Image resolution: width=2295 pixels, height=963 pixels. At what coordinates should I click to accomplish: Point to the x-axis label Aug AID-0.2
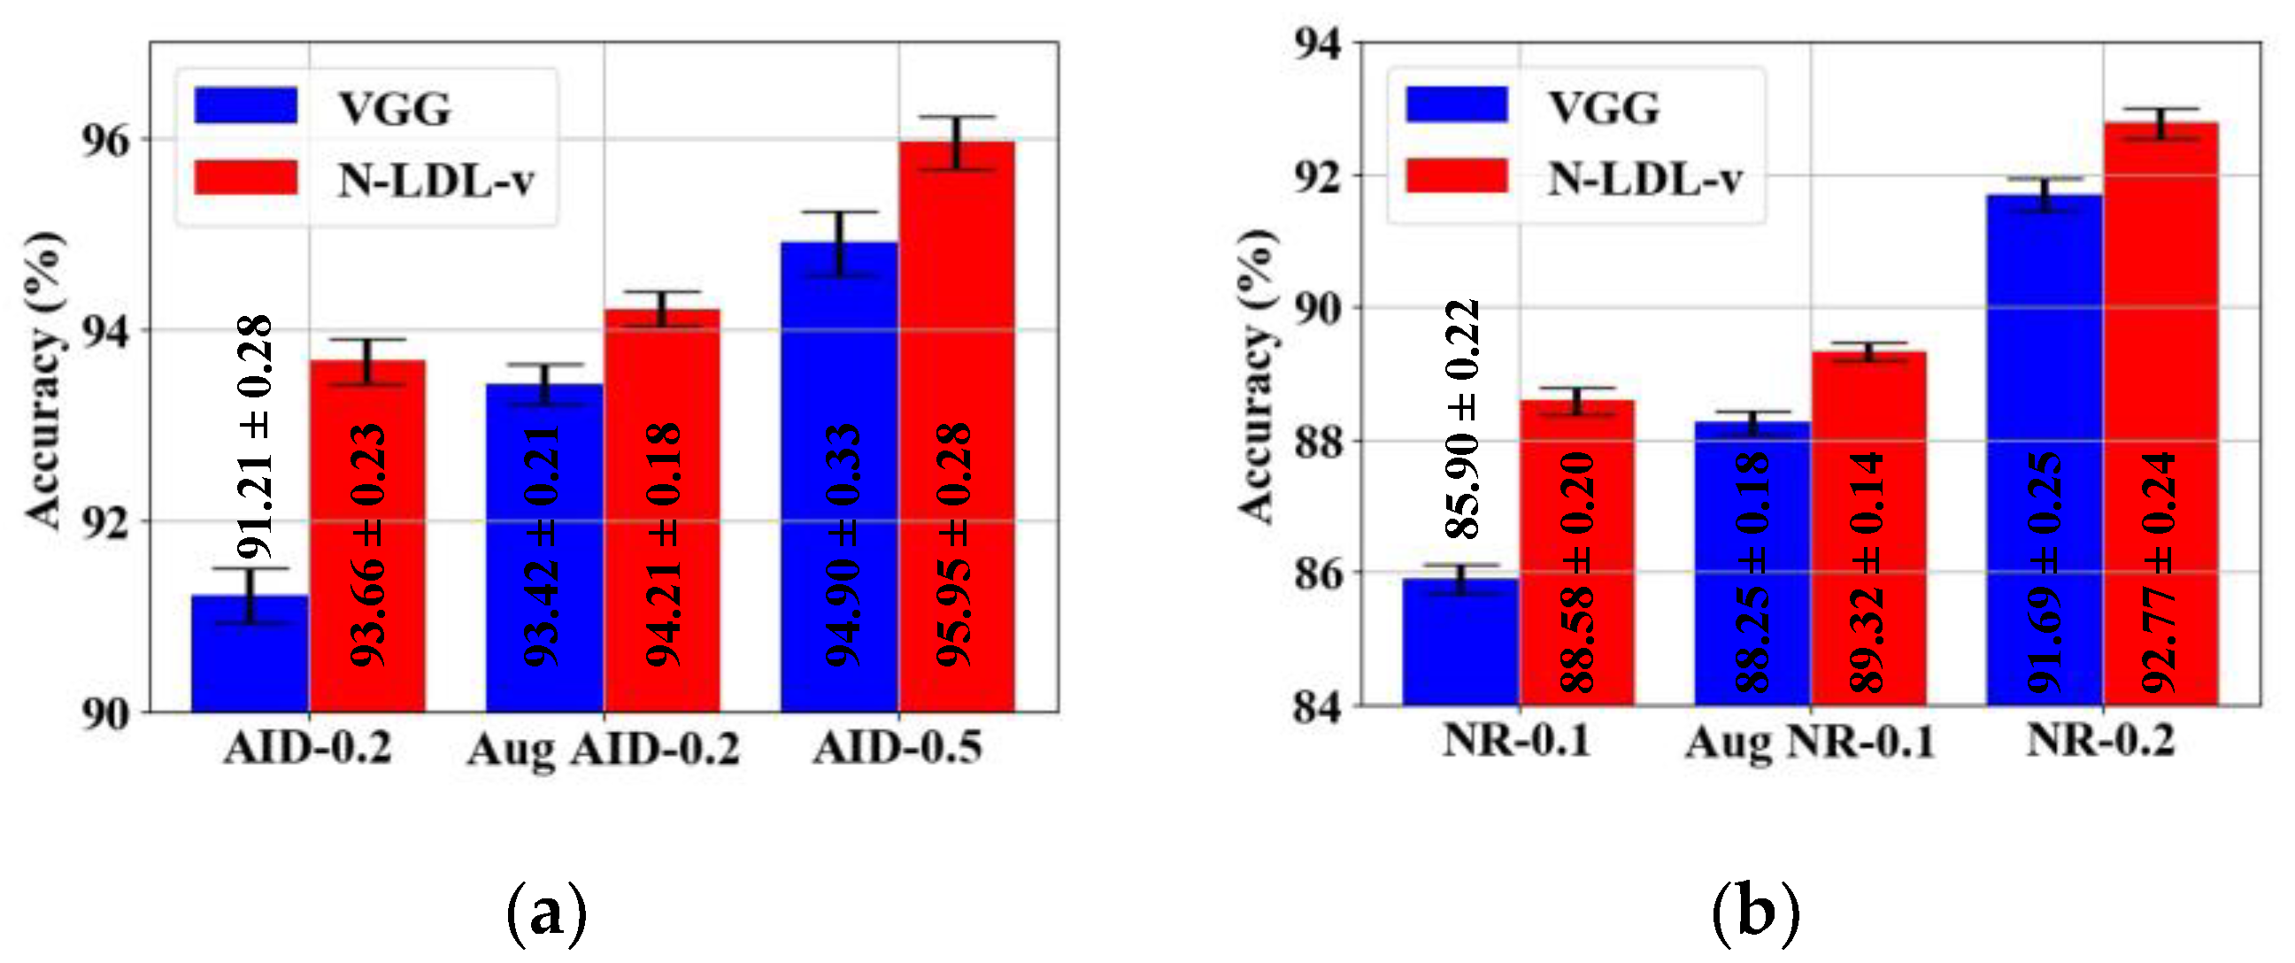603,749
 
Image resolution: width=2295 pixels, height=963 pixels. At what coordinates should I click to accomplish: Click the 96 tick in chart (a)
105,141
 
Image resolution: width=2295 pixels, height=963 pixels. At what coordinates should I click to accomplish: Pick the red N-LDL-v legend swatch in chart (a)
246,177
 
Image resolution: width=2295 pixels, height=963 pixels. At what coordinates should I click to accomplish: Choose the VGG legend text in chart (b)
1604,108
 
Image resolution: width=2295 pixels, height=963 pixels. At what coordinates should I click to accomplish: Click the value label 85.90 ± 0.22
1462,419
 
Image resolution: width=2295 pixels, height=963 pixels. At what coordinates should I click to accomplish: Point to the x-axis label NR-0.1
1517,740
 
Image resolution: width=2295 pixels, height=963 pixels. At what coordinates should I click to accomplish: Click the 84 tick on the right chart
1317,708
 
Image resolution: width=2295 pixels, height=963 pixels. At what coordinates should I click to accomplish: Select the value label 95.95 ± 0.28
953,545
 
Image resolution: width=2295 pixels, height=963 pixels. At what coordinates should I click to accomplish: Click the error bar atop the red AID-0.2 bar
367,361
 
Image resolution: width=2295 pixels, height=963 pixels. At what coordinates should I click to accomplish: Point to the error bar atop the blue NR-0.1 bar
1460,579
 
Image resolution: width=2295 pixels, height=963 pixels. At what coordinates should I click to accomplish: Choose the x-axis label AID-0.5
897,747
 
